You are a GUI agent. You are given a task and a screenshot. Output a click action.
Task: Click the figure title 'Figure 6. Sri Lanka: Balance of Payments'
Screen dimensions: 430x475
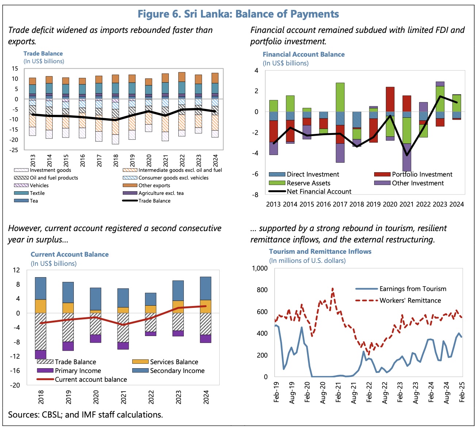point(238,14)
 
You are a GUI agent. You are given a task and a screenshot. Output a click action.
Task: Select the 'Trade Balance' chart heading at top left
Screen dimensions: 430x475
point(43,53)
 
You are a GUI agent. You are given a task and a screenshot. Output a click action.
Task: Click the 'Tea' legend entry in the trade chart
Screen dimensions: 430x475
point(34,201)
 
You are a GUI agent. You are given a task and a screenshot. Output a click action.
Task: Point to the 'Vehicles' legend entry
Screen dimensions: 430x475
point(39,185)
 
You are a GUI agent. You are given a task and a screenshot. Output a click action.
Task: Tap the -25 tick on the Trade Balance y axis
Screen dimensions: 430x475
point(14,150)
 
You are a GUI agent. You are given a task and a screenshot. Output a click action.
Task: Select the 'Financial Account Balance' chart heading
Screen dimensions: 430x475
point(304,54)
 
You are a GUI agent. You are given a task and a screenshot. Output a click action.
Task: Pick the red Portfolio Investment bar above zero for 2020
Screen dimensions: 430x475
point(390,99)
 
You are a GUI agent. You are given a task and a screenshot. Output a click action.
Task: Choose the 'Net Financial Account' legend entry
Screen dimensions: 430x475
point(319,192)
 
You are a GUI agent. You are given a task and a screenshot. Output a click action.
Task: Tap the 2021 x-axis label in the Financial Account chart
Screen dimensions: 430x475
point(407,204)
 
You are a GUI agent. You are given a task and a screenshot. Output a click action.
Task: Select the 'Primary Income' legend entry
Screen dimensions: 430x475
point(78,371)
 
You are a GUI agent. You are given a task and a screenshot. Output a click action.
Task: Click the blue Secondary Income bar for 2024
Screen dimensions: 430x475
point(206,288)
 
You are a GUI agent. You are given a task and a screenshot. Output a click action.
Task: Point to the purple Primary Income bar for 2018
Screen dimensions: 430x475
point(41,354)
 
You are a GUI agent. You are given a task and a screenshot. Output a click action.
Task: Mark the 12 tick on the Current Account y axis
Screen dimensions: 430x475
point(16,270)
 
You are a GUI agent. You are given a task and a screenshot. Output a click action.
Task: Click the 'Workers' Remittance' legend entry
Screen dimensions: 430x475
point(410,301)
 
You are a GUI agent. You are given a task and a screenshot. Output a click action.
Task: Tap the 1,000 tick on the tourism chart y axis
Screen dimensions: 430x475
point(260,268)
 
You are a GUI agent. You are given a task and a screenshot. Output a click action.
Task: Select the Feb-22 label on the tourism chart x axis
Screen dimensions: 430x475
point(369,392)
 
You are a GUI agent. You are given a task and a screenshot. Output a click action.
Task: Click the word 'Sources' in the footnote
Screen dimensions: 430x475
point(22,415)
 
